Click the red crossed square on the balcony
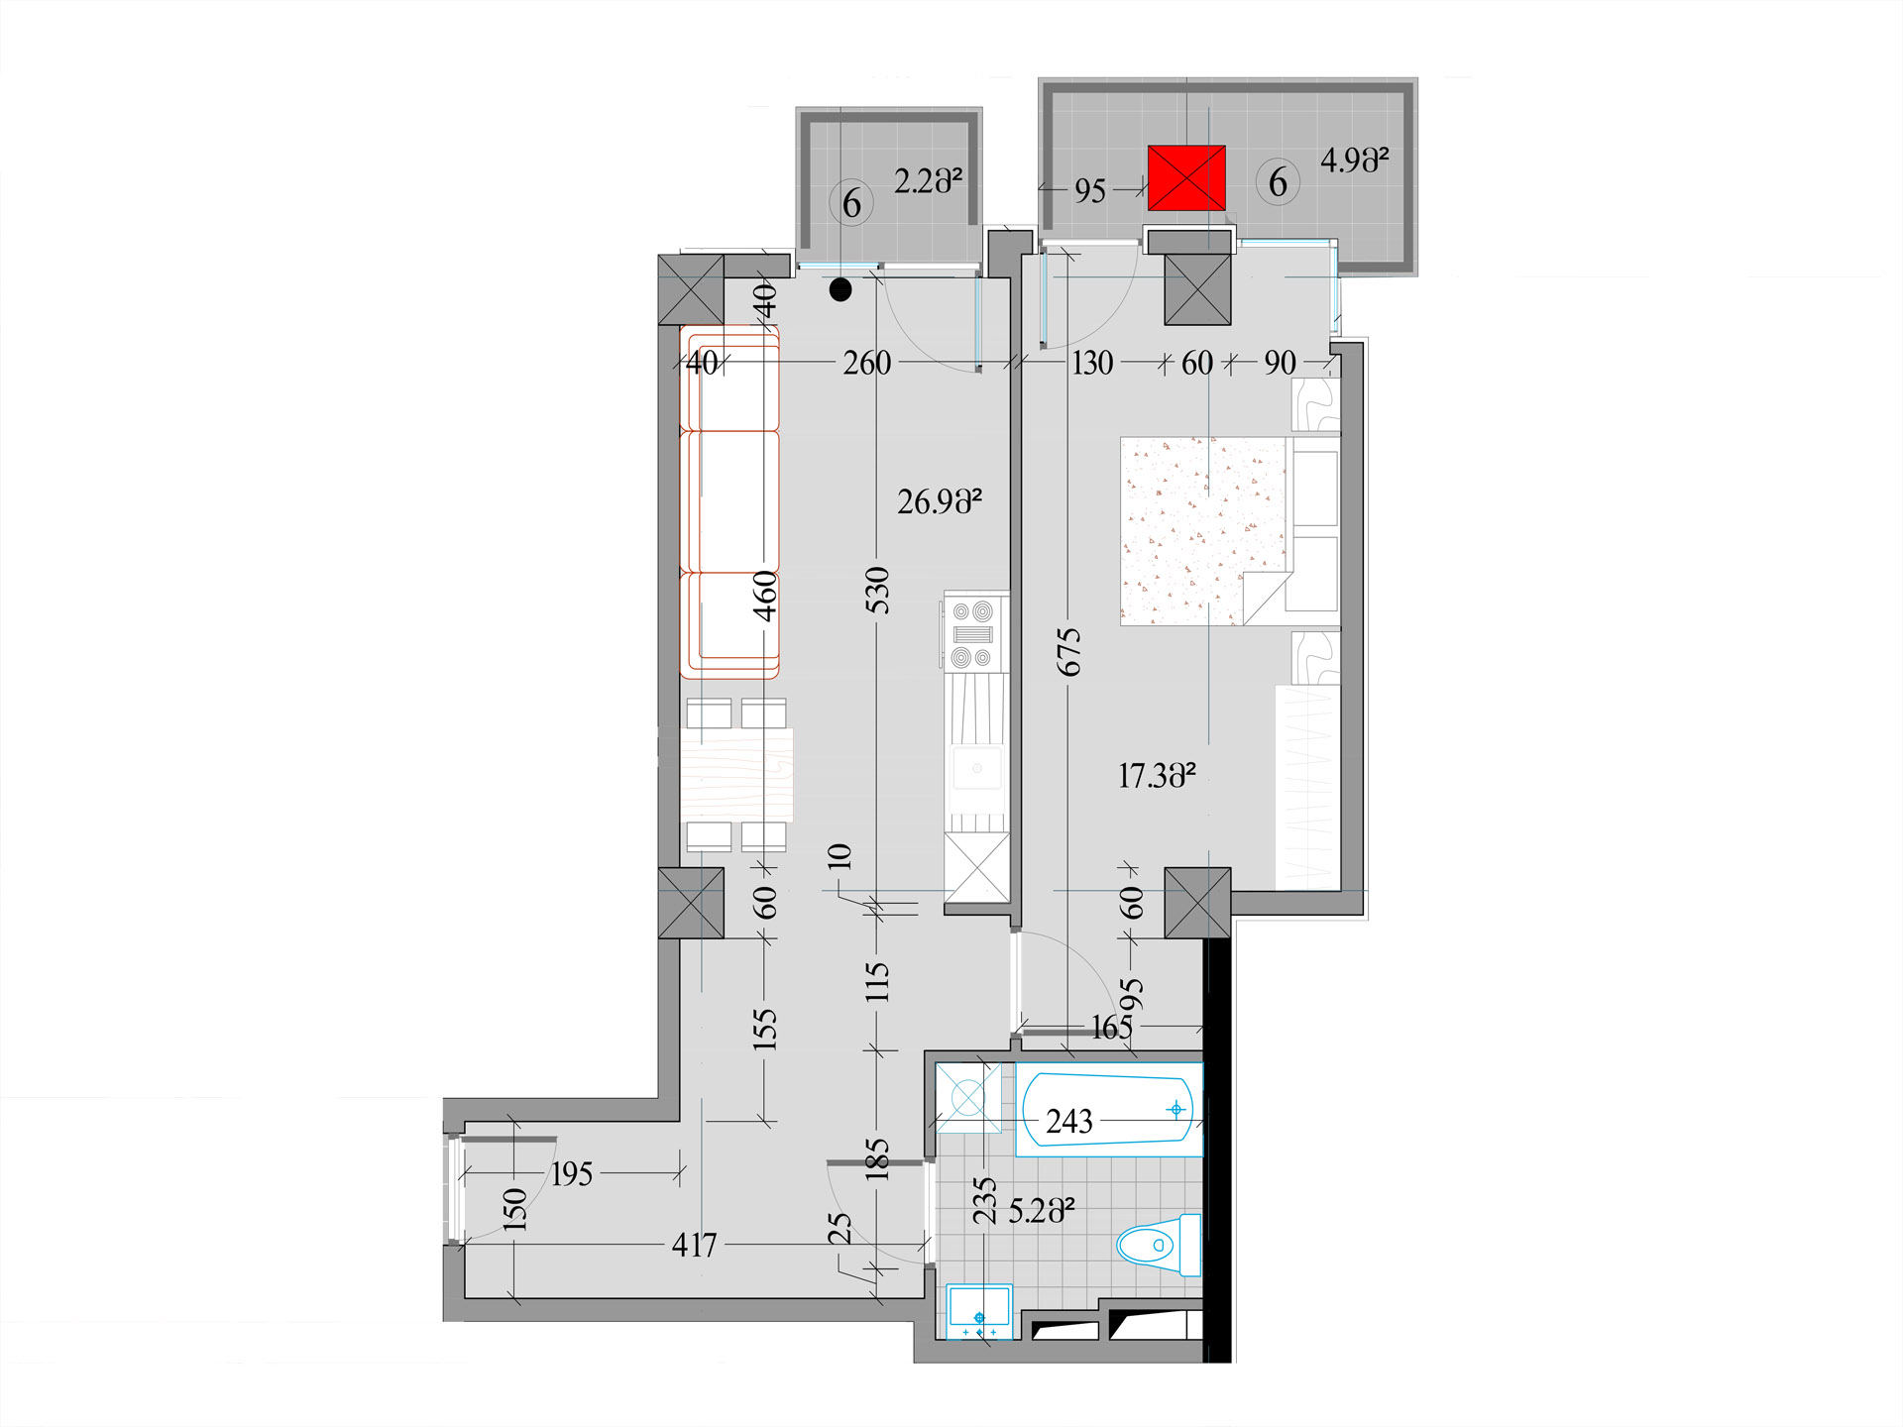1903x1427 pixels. point(1186,178)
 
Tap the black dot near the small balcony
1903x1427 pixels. point(840,290)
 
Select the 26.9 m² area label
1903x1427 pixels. point(940,501)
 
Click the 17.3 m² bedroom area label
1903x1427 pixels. point(1157,775)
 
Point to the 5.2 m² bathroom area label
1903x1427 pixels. point(1042,1211)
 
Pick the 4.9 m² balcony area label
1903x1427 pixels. point(1354,161)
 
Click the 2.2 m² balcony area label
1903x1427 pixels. point(928,181)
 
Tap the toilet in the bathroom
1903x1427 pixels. point(1159,1245)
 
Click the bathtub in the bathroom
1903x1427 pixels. point(1109,1110)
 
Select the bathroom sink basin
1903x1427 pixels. point(979,1310)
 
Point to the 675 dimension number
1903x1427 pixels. point(1068,652)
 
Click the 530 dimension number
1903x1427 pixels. point(877,590)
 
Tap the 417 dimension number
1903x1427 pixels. point(694,1245)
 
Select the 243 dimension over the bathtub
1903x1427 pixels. point(1069,1121)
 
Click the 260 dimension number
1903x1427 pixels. point(867,363)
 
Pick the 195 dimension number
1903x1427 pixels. point(572,1174)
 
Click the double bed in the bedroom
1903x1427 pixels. point(1230,531)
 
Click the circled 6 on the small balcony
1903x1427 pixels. point(851,203)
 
